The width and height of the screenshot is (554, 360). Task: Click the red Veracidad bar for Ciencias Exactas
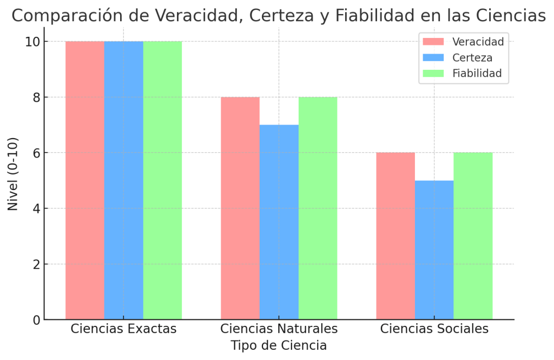tap(85, 180)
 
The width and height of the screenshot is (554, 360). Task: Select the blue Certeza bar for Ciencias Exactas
tap(124, 180)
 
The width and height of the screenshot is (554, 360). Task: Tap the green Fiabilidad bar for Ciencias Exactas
tap(162, 180)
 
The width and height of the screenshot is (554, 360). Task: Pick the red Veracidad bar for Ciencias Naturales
tap(240, 208)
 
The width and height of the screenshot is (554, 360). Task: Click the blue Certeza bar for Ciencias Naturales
tap(279, 222)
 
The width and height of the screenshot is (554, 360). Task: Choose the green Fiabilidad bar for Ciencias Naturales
tap(318, 208)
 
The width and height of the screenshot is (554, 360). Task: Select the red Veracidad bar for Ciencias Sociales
tap(395, 236)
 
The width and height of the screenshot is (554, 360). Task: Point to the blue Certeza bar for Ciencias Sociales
tap(434, 250)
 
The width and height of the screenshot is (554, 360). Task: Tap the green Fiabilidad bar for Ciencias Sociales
tap(473, 236)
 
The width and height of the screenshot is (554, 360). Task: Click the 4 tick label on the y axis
tap(36, 208)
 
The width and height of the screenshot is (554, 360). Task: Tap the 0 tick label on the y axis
tap(36, 320)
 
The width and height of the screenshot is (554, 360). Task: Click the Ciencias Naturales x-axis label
tap(279, 329)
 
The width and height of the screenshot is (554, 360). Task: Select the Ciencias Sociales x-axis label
tap(434, 329)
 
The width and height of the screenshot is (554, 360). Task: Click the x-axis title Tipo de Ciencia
tap(279, 346)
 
